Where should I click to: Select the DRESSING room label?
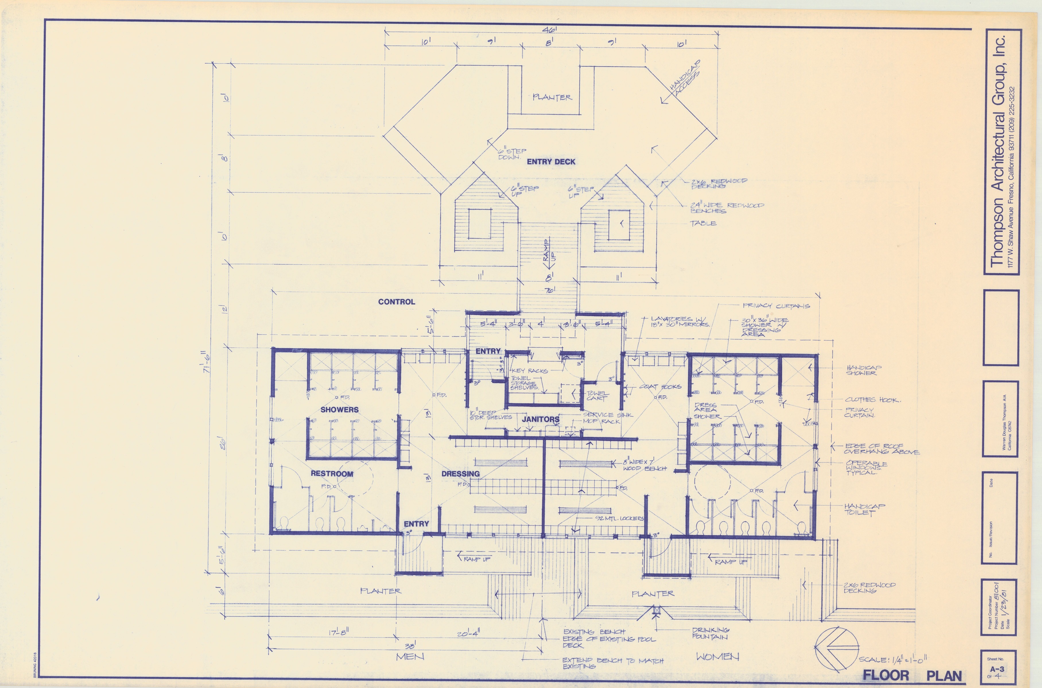pyautogui.click(x=460, y=474)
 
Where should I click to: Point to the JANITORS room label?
pyautogui.click(x=541, y=419)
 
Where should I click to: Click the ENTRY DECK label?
pyautogui.click(x=551, y=161)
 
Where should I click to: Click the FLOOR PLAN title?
pyautogui.click(x=912, y=675)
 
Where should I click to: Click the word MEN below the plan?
pyautogui.click(x=410, y=656)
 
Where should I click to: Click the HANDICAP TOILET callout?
pyautogui.click(x=864, y=509)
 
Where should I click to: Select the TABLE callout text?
pyautogui.click(x=703, y=223)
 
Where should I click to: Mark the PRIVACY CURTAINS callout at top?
pyautogui.click(x=776, y=306)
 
